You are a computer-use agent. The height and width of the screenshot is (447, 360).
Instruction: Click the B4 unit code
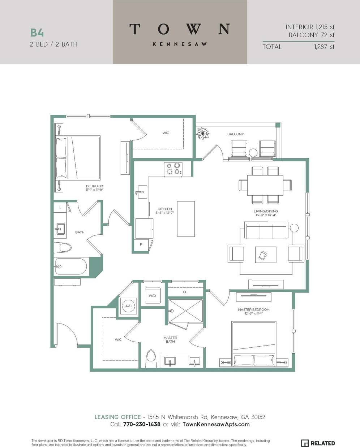pyautogui.click(x=37, y=33)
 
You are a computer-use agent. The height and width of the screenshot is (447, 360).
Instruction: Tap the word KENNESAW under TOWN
pyautogui.click(x=180, y=44)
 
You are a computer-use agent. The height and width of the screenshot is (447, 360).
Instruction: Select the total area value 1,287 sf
pyautogui.click(x=324, y=47)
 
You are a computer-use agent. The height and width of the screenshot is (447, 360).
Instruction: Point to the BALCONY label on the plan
pyautogui.click(x=235, y=134)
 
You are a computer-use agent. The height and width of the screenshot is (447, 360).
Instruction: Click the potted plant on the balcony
pyautogui.click(x=203, y=133)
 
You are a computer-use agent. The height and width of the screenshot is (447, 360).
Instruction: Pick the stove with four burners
pyautogui.click(x=173, y=169)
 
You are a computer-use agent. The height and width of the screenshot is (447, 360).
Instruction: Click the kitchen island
pyautogui.click(x=186, y=219)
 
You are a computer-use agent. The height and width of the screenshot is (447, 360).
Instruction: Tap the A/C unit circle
pyautogui.click(x=128, y=306)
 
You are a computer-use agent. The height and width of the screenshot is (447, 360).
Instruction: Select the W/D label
pyautogui.click(x=152, y=296)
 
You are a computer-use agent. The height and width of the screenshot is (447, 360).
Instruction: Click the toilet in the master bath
pyautogui.click(x=150, y=359)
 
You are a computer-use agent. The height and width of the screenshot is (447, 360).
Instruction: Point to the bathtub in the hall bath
pyautogui.click(x=71, y=267)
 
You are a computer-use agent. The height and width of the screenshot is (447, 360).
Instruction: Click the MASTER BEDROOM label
pyautogui.click(x=253, y=309)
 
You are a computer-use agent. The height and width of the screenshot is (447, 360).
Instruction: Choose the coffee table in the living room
pyautogui.click(x=266, y=255)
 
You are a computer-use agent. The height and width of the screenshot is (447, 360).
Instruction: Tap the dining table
pyautogui.click(x=265, y=185)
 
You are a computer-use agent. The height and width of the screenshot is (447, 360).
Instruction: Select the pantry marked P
pyautogui.click(x=141, y=244)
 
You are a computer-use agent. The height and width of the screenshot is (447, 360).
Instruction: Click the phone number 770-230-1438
pyautogui.click(x=142, y=424)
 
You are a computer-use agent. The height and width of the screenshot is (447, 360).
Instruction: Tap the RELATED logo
pyautogui.click(x=318, y=443)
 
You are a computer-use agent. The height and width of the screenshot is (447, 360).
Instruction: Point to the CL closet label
pyautogui.click(x=185, y=292)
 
